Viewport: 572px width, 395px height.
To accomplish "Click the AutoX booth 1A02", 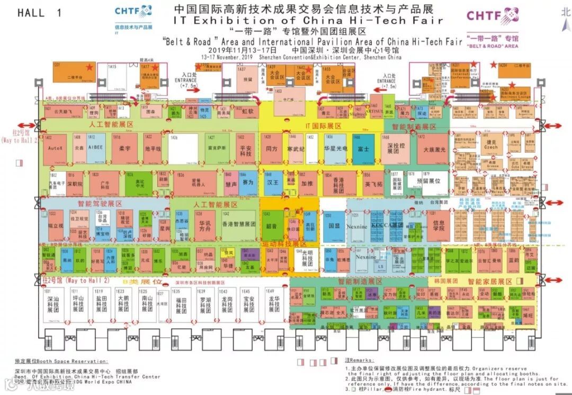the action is coord(55,148).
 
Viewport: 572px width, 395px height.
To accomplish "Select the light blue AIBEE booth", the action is coord(96,147).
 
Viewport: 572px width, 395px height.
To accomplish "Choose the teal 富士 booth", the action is coord(363,149).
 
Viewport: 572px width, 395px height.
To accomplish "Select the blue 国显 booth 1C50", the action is coord(334,225).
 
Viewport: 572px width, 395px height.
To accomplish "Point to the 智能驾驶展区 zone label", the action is coord(100,204).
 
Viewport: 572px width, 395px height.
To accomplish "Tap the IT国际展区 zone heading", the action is coord(323,126).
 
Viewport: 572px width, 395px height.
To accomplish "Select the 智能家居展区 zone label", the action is coord(490,282).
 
